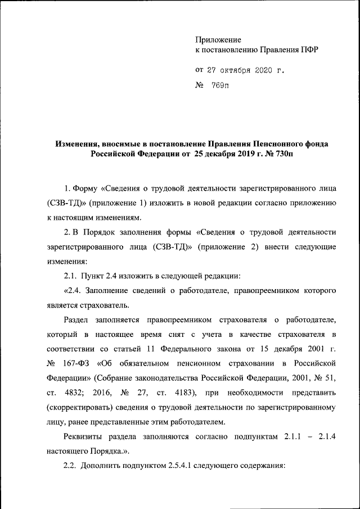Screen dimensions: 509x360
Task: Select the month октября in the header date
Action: pos(230,70)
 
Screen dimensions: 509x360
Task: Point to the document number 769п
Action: pos(220,85)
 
